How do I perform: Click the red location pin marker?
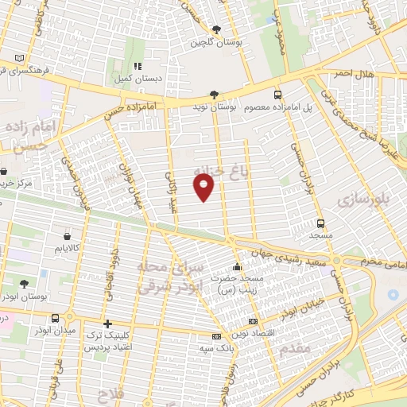pyautogui.click(x=204, y=187)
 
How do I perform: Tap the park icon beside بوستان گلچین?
pyautogui.click(x=216, y=30)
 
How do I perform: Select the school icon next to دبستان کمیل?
pyautogui.click(x=137, y=66)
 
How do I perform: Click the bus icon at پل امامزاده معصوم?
pyautogui.click(x=277, y=93)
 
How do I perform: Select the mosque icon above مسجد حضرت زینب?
pyautogui.click(x=236, y=266)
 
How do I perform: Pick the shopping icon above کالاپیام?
pyautogui.click(x=67, y=236)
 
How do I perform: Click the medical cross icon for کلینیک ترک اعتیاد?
pyautogui.click(x=107, y=324)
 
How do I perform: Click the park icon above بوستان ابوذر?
pyautogui.click(x=24, y=283)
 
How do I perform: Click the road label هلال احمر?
pyautogui.click(x=354, y=73)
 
